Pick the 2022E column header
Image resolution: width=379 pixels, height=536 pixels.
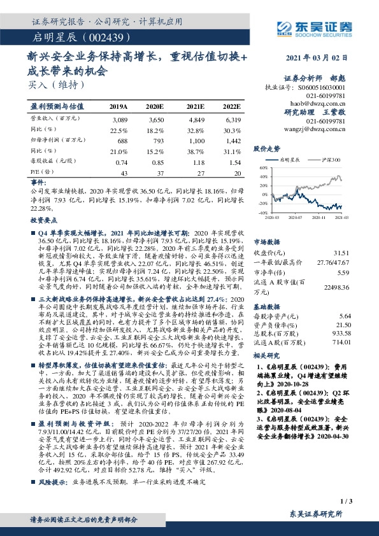coord(231,107)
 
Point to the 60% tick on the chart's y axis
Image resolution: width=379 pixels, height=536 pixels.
coord(262,168)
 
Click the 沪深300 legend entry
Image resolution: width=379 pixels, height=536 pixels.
coord(332,161)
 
